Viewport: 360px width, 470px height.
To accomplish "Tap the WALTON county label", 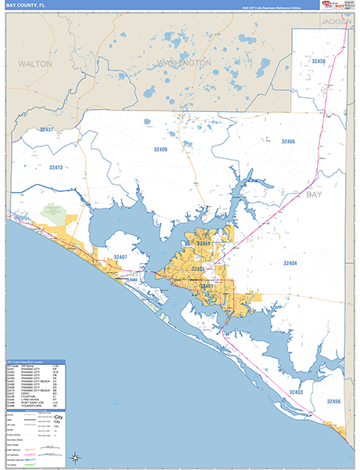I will [x=35, y=63].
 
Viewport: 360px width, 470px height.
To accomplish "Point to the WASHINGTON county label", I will [x=185, y=62].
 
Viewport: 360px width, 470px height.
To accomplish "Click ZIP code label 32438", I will [x=319, y=60].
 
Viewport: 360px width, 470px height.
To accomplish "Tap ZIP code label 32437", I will [x=48, y=129].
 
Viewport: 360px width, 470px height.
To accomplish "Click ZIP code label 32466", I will [x=286, y=141].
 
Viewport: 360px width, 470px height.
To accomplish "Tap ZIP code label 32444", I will [x=203, y=244].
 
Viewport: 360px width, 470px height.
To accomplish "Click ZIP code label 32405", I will [x=197, y=269].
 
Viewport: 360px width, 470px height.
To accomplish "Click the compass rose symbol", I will [x=75, y=457].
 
